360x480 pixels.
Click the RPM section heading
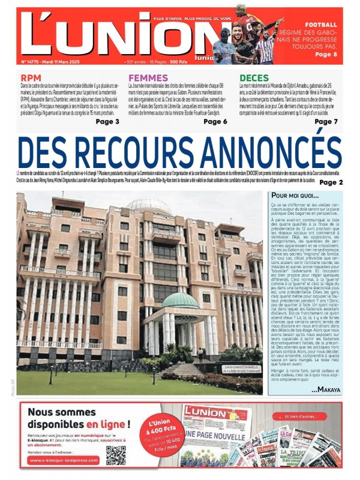[31, 78]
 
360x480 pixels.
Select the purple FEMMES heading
[148, 78]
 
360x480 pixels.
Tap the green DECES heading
[254, 78]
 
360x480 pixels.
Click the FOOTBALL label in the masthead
[320, 25]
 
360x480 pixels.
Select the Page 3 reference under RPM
[107, 121]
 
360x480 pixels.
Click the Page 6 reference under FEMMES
[215, 121]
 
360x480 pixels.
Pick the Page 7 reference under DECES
[326, 121]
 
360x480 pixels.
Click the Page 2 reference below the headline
[331, 182]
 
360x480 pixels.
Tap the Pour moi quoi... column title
[295, 196]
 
